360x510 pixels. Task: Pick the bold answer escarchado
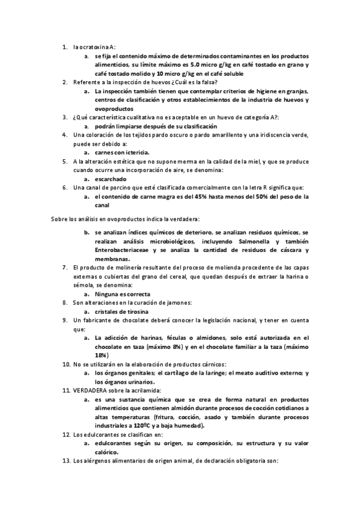(112, 179)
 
